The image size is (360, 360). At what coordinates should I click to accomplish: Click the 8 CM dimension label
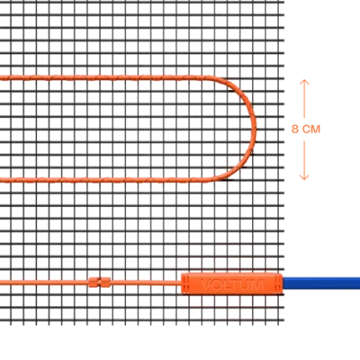click(x=306, y=129)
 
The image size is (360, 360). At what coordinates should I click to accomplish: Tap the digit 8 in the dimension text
click(x=295, y=129)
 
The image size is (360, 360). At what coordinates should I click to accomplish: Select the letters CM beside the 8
click(x=311, y=129)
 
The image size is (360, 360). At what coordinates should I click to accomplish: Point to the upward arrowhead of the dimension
click(x=304, y=82)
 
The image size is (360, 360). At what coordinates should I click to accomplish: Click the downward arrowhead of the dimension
click(x=304, y=177)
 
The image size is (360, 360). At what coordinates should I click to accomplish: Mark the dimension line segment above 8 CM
click(x=304, y=99)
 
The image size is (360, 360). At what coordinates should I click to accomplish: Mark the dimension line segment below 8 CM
click(x=304, y=160)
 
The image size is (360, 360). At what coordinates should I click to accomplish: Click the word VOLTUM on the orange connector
click(x=232, y=284)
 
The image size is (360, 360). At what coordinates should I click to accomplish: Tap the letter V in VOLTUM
click(x=205, y=284)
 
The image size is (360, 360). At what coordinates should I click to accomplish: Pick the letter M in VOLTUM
click(x=257, y=284)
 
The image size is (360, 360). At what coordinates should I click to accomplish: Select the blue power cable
click(x=322, y=283)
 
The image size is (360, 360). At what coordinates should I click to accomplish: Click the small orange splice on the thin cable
click(x=100, y=282)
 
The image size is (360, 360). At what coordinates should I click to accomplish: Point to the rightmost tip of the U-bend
click(x=256, y=128)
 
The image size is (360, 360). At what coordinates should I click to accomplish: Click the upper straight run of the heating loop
click(x=105, y=78)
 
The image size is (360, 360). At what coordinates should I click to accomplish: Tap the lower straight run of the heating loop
click(x=105, y=180)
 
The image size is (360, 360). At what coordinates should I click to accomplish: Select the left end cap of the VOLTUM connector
click(x=185, y=284)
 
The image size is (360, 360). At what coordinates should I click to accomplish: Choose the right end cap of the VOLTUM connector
click(x=279, y=284)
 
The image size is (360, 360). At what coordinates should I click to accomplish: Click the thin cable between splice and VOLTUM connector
click(x=146, y=283)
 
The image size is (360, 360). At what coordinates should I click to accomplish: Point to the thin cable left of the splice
click(x=44, y=282)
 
